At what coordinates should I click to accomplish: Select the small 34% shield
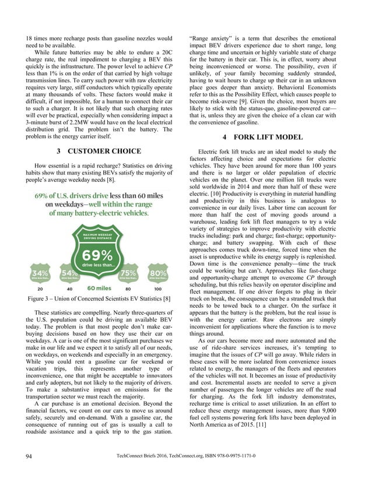(40, 274)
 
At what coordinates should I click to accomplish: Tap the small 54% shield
(69, 274)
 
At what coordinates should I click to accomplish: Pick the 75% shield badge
(129, 274)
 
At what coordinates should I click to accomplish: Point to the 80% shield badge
(158, 274)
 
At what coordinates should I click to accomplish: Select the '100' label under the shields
(158, 289)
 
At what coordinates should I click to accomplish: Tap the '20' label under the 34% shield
(40, 289)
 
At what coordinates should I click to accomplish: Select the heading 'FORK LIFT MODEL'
(279, 137)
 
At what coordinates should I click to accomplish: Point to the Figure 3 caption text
(99, 299)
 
